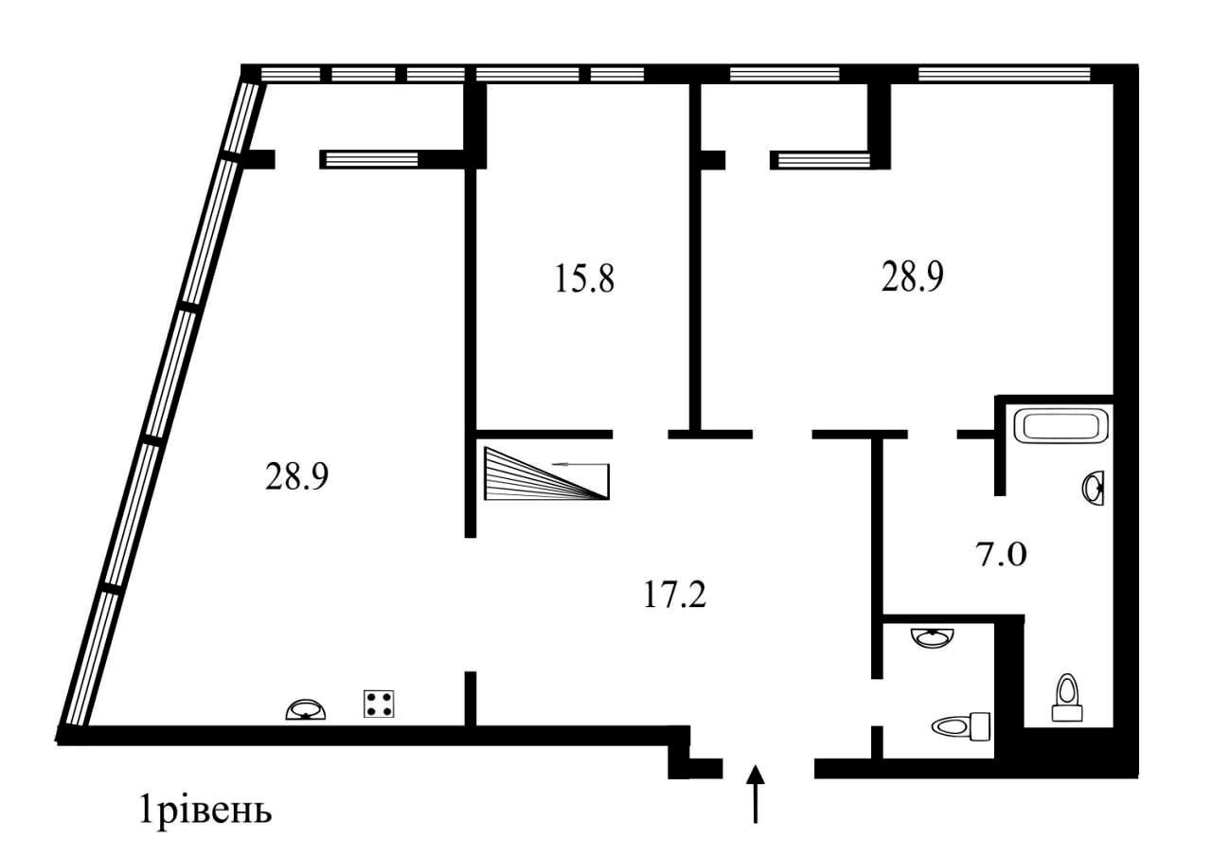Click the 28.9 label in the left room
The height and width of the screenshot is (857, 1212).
point(296,477)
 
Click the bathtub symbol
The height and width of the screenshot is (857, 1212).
point(1060,424)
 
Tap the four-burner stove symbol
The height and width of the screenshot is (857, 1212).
point(379,705)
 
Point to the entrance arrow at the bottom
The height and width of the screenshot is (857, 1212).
point(755,793)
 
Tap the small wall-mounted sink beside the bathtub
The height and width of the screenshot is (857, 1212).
point(1094,489)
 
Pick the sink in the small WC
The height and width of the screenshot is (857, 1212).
point(934,636)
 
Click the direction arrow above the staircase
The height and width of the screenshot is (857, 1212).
point(581,464)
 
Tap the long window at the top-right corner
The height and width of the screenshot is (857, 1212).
point(1004,73)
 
